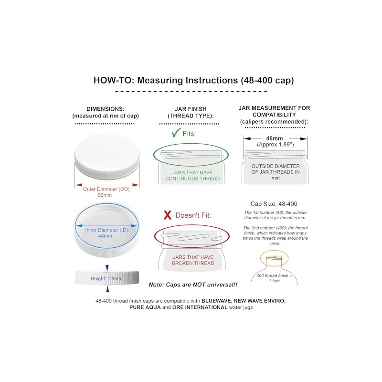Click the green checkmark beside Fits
coord(176,133)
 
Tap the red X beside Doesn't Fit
coord(168,215)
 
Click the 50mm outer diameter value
coord(105,195)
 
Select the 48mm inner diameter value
coord(105,236)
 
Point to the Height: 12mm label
coord(106,278)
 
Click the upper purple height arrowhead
coord(107,268)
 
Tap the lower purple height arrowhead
coord(107,289)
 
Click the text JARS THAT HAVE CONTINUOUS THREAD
coord(192,175)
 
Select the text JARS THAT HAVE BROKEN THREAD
coord(193,260)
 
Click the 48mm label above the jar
coord(274,138)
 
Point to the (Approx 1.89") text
coord(276,145)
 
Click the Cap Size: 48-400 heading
coord(274,204)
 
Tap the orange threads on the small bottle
coord(274,258)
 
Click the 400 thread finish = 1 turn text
coord(274,278)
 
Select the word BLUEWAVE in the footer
coord(216,301)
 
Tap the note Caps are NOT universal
coord(193,285)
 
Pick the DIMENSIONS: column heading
coord(106,109)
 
